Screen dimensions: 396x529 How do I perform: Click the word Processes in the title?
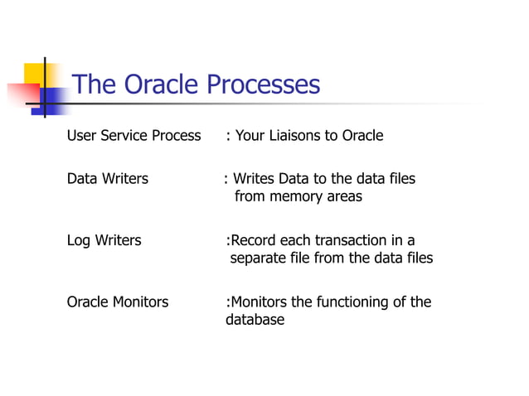pos(263,85)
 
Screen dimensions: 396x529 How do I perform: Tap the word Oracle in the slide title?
pos(162,85)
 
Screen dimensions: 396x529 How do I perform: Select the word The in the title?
pos(95,85)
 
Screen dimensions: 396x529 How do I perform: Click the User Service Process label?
pos(133,136)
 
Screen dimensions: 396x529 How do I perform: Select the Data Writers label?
pos(108,179)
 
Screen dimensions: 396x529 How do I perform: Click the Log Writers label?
pos(104,241)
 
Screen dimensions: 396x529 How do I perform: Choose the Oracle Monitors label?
pos(117,302)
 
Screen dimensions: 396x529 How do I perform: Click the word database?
pos(255,320)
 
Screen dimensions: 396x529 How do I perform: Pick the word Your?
pos(250,136)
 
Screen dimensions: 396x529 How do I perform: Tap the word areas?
pos(346,197)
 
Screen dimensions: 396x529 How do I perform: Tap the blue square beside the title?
pos(53,102)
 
